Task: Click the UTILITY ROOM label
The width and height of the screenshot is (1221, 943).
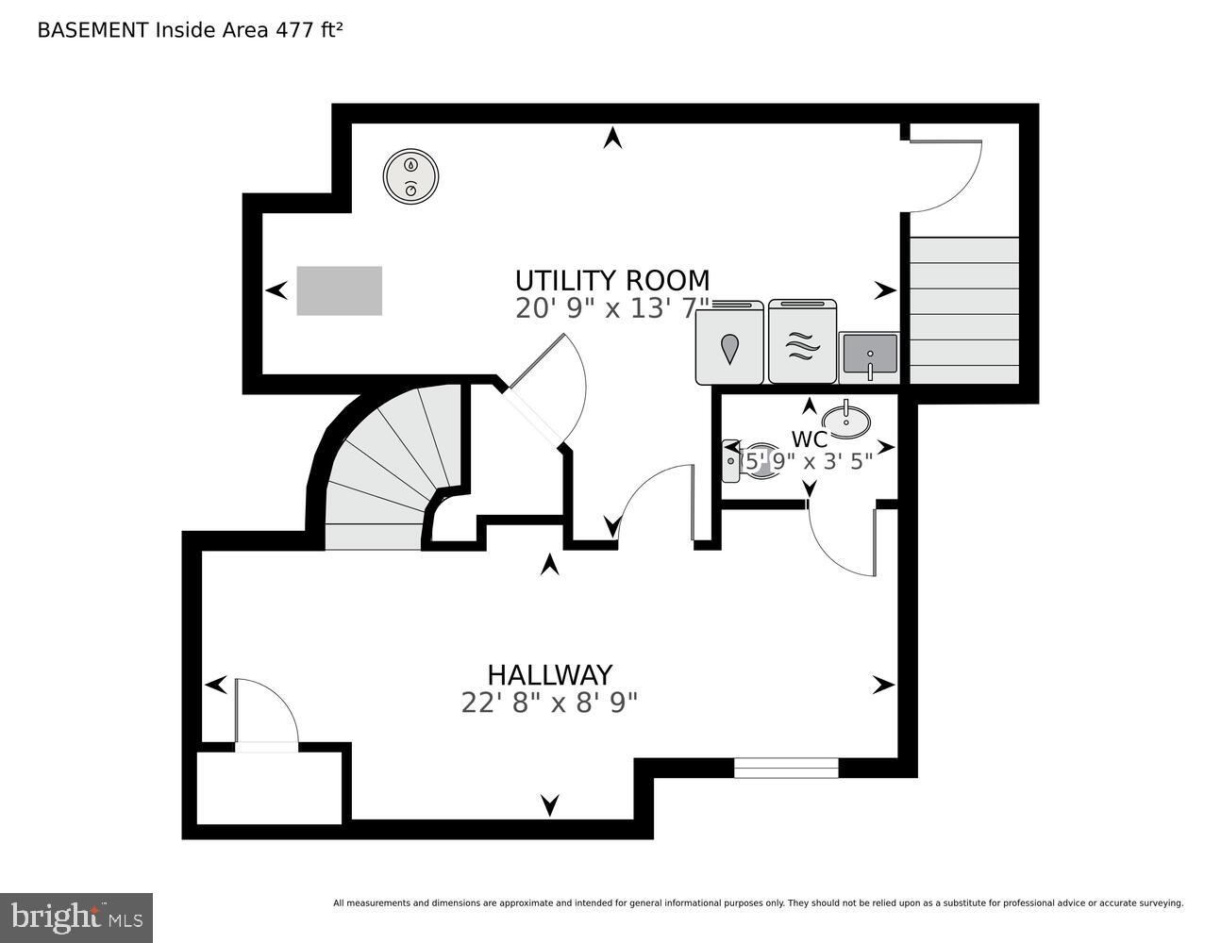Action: pyautogui.click(x=611, y=280)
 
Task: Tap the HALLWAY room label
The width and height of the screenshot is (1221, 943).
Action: pyautogui.click(x=549, y=675)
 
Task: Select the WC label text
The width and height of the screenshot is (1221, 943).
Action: pyautogui.click(x=809, y=439)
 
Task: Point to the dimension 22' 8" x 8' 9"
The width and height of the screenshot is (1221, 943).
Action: pyautogui.click(x=549, y=703)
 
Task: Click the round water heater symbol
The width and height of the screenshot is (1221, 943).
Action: pyautogui.click(x=410, y=175)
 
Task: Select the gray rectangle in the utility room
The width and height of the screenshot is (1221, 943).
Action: pyautogui.click(x=340, y=290)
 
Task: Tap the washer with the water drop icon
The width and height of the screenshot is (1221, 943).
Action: pyautogui.click(x=729, y=343)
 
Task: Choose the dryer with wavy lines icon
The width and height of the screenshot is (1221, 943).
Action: pyautogui.click(x=802, y=343)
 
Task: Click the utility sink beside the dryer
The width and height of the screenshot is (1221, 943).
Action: pyautogui.click(x=868, y=356)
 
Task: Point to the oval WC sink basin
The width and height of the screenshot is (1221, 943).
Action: pyautogui.click(x=845, y=419)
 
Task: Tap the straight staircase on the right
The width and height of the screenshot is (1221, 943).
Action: pyautogui.click(x=963, y=310)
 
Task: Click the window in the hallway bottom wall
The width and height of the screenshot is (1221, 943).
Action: pyautogui.click(x=786, y=768)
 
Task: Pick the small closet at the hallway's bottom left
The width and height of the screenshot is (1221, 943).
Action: pyautogui.click(x=269, y=787)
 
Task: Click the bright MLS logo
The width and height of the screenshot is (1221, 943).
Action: pyautogui.click(x=76, y=917)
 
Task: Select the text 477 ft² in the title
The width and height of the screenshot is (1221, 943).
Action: pyautogui.click(x=309, y=29)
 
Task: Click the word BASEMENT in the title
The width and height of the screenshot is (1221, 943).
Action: pyautogui.click(x=92, y=29)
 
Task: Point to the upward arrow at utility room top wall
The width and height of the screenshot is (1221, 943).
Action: pyautogui.click(x=613, y=138)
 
